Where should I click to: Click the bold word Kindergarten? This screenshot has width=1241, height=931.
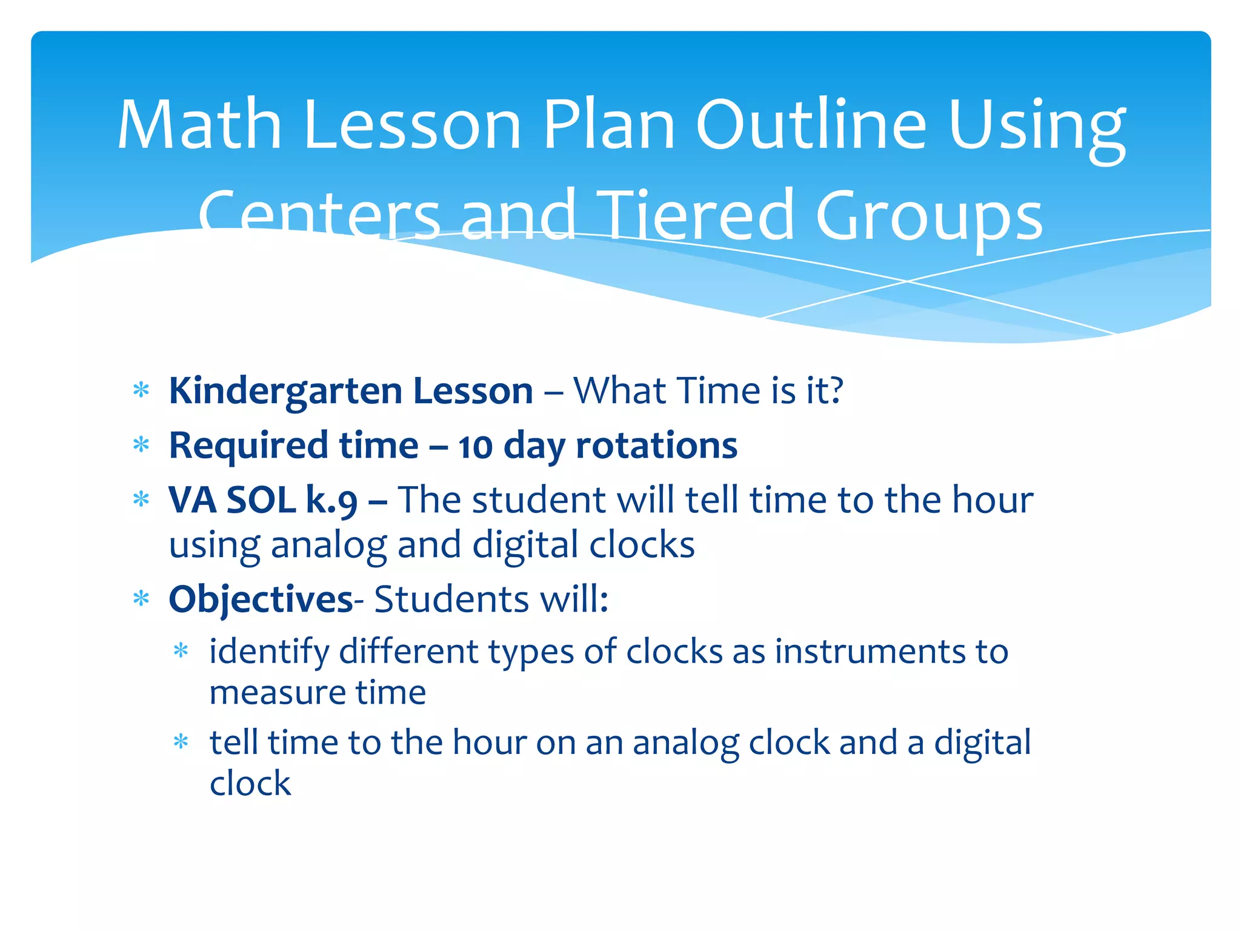285,391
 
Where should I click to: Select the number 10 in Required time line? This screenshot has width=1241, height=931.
474,447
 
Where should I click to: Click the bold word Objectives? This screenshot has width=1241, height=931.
261,599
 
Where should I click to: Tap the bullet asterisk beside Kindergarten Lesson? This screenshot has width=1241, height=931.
141,390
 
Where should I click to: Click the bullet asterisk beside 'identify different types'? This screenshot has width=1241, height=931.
181,652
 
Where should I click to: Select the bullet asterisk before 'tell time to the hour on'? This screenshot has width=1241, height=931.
181,741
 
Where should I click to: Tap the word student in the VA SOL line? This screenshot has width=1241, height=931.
539,501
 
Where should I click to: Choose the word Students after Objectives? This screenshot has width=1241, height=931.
451,599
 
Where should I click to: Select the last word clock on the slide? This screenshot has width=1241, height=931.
250,783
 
